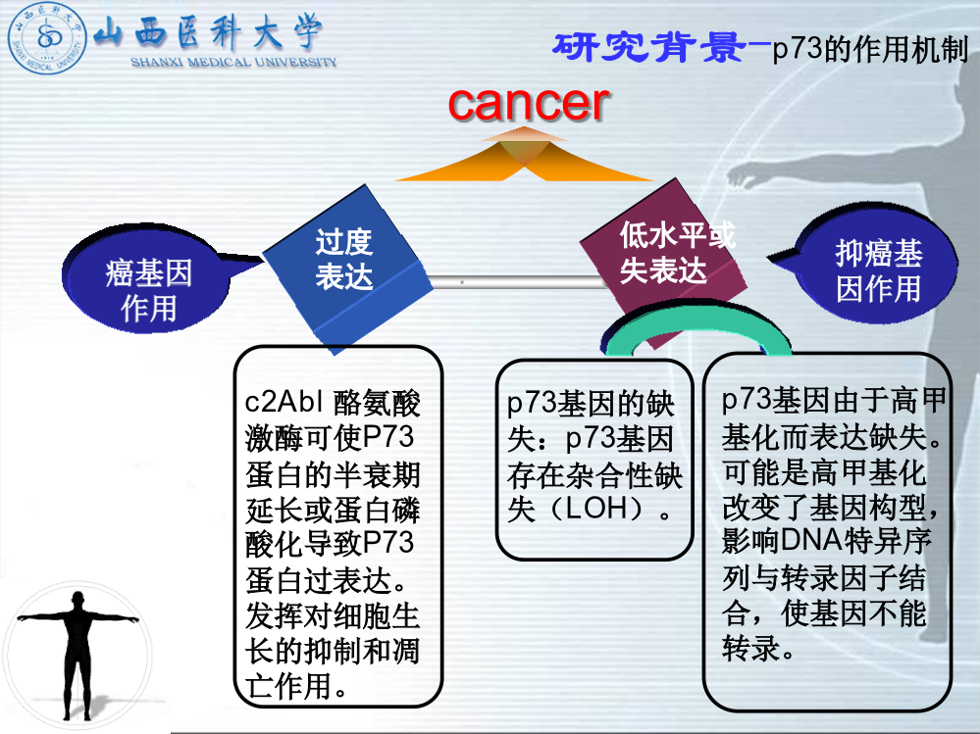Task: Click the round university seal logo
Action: click(x=47, y=37)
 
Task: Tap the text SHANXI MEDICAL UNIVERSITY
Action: click(x=233, y=62)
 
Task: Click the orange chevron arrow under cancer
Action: click(x=524, y=155)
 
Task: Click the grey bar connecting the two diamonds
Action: click(x=518, y=282)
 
